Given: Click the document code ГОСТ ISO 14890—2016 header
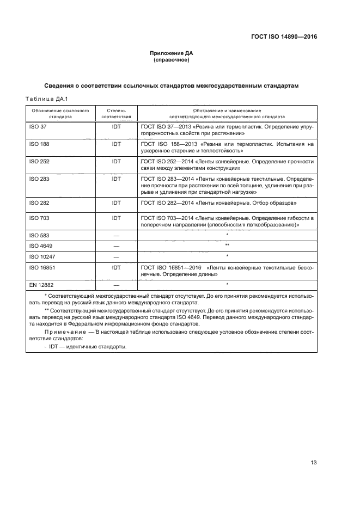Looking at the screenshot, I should (284, 37).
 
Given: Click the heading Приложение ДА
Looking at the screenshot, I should (172, 53).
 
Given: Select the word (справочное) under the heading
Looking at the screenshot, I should (172, 60).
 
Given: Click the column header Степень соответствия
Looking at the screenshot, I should (116, 113).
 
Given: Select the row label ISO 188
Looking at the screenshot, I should (38, 144).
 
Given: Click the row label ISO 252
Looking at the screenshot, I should (38, 162).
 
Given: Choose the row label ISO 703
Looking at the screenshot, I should (38, 218).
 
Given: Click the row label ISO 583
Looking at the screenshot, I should (38, 236).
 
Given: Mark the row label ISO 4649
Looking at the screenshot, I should (40, 246).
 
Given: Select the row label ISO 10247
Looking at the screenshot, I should (41, 256).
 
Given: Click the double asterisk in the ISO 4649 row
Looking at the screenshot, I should (226, 246).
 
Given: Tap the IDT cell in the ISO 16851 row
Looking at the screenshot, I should (116, 267).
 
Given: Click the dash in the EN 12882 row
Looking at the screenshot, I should (116, 285).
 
